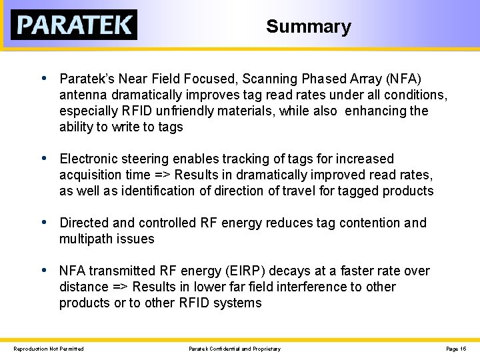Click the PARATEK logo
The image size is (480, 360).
click(x=74, y=25)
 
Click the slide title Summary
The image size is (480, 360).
click(x=308, y=27)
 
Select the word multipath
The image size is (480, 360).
click(x=85, y=239)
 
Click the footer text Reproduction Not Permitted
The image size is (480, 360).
click(x=49, y=349)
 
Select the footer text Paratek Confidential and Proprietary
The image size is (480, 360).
click(x=235, y=349)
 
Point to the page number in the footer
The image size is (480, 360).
click(x=456, y=349)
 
